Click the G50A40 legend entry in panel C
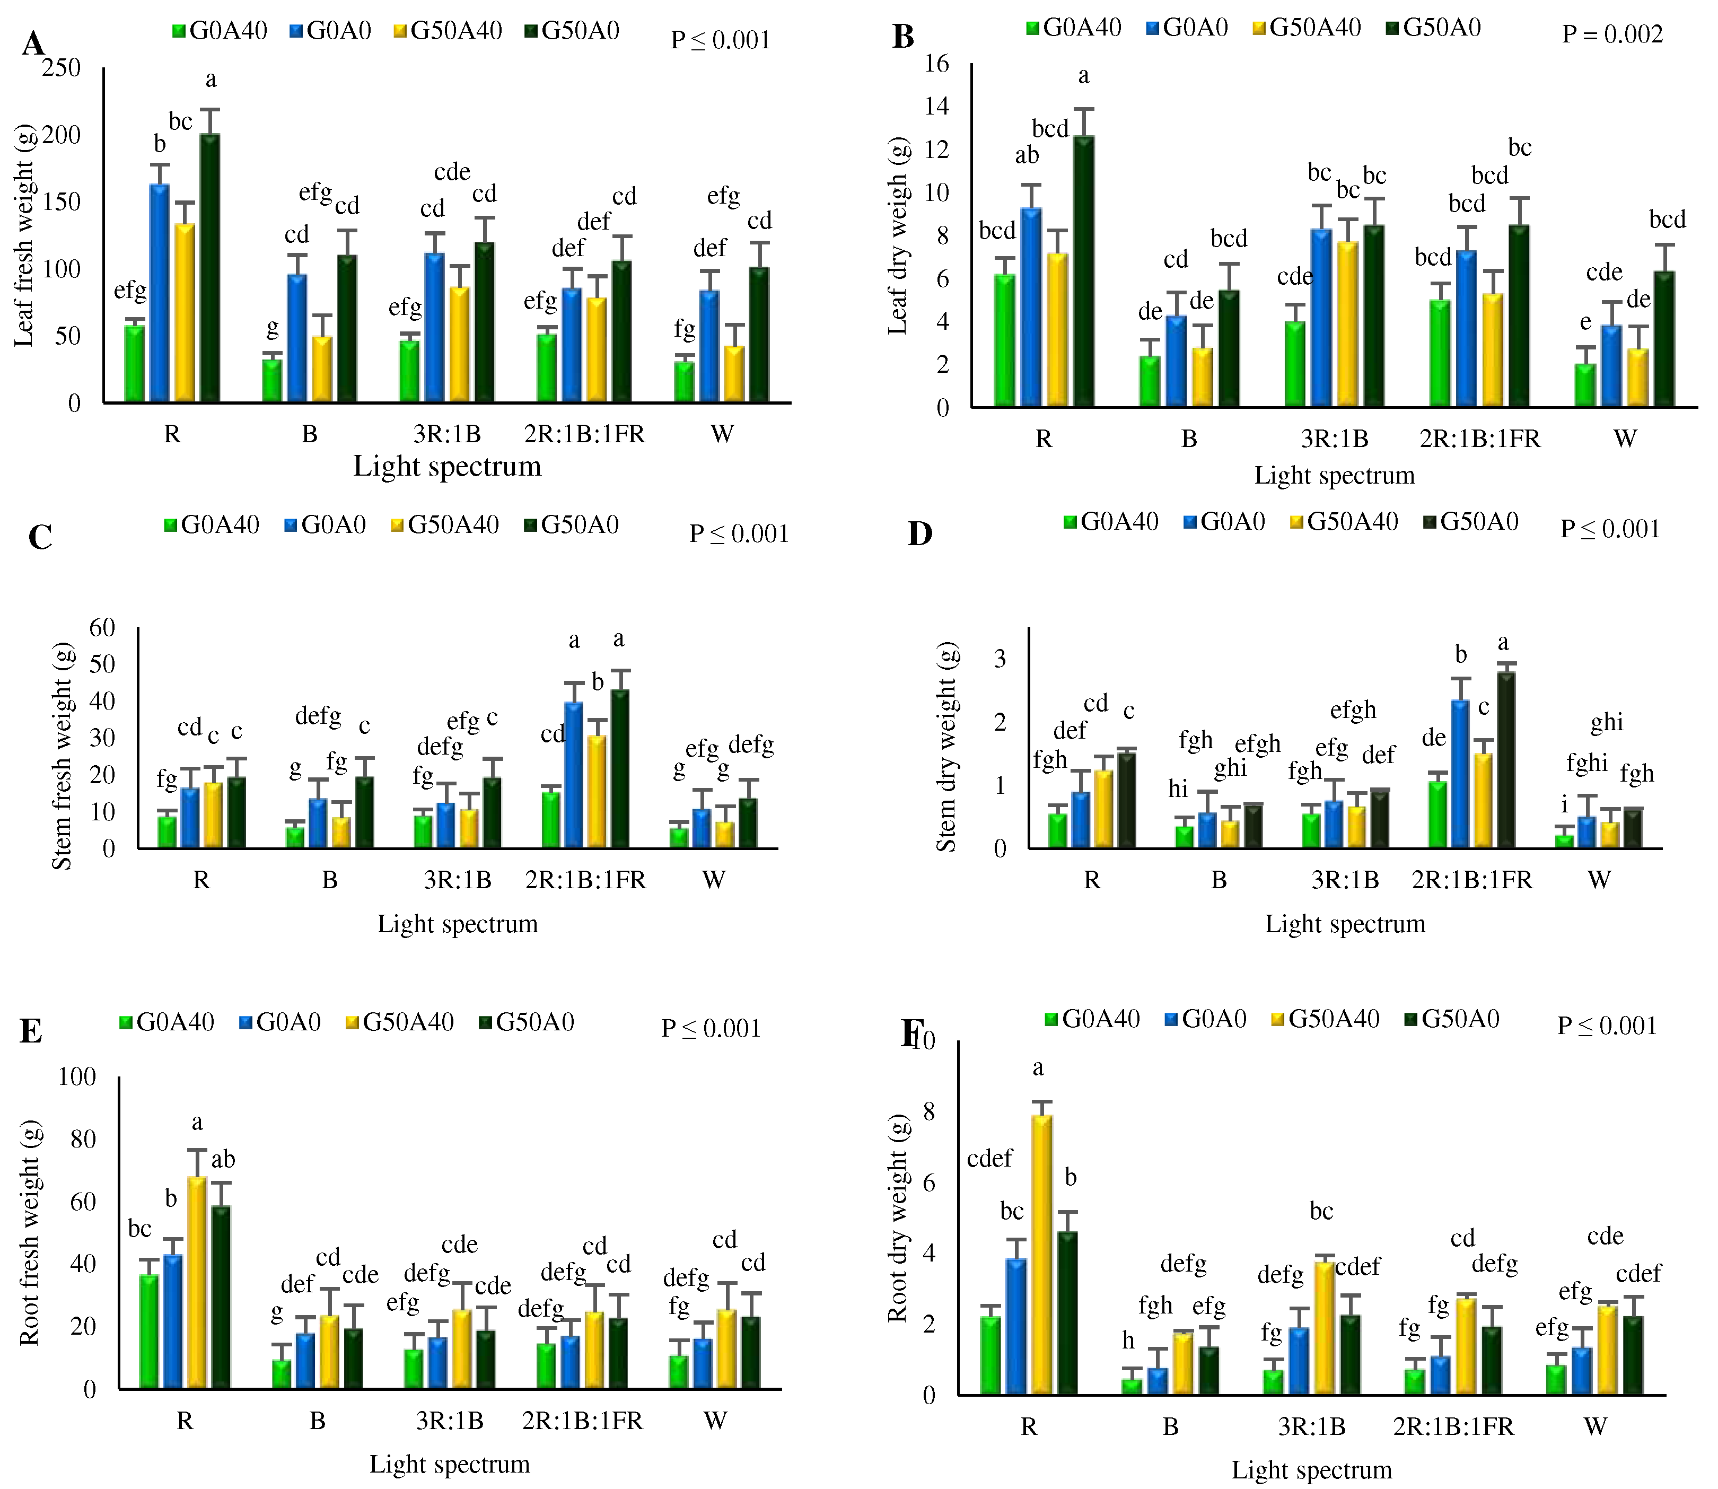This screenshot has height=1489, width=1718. tap(445, 525)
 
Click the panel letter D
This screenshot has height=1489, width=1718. tap(919, 535)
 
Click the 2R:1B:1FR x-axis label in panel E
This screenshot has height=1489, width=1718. tap(582, 1421)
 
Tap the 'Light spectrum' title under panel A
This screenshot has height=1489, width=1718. tap(447, 466)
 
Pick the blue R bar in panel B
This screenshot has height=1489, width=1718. tap(1031, 308)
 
